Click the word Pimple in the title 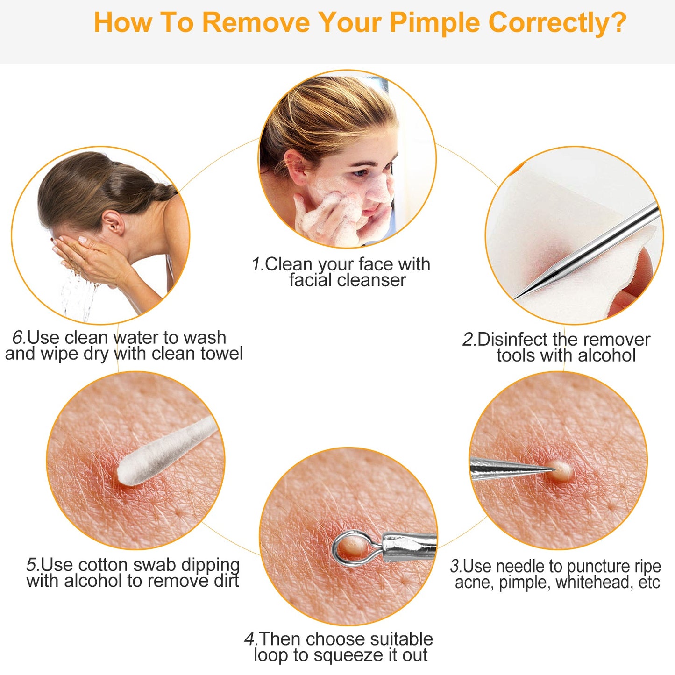click(435, 23)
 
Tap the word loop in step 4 click(270, 655)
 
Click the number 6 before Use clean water click(18, 337)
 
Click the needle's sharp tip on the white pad click(519, 295)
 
